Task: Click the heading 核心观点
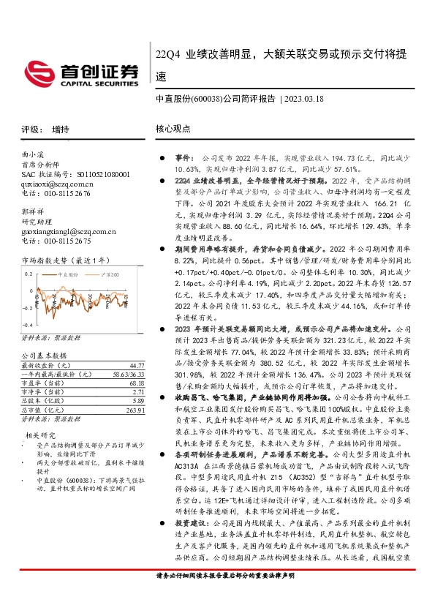pyautogui.click(x=173, y=128)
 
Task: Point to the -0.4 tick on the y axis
pyautogui.click(x=26, y=323)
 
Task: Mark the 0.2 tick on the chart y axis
pyautogui.click(x=29, y=274)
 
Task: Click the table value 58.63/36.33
pyautogui.click(x=127, y=373)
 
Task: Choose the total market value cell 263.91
pyautogui.click(x=132, y=410)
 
